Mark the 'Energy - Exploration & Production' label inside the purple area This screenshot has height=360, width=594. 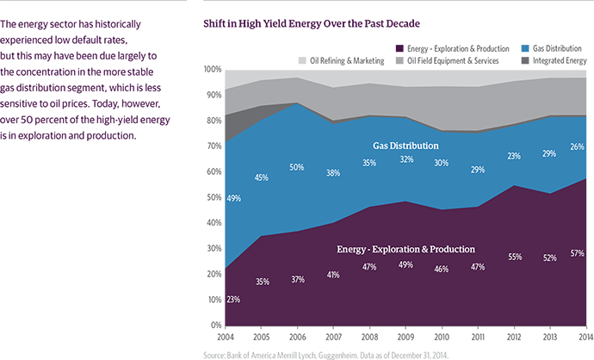click(405, 249)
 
